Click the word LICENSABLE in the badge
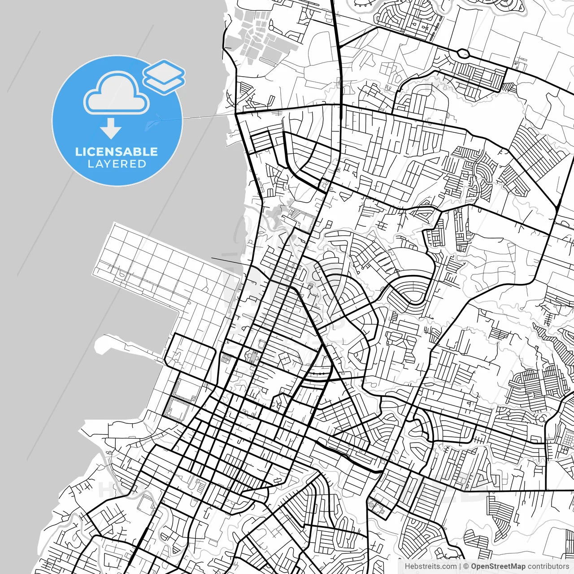tap(117, 152)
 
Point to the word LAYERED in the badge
tap(117, 164)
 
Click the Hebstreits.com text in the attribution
tap(430, 566)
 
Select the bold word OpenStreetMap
tap(498, 566)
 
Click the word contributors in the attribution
tap(548, 566)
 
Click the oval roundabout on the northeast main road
tap(464, 54)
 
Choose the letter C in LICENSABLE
tap(90, 152)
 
